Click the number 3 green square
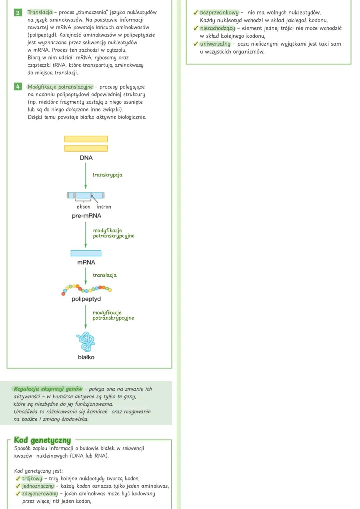[x=18, y=13]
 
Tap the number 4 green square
[x=18, y=87]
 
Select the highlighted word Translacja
[x=40, y=12]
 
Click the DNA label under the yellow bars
[x=86, y=158]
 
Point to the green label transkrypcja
[x=107, y=175]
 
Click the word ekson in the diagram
[x=83, y=207]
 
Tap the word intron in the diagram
[x=104, y=207]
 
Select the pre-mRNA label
[x=86, y=216]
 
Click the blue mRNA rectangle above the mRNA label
[x=86, y=253]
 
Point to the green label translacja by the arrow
[x=105, y=275]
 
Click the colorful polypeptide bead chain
[x=87, y=289]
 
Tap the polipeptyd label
[x=86, y=299]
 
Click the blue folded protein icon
[x=86, y=341]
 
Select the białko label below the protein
[x=86, y=357]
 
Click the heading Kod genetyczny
[x=42, y=440]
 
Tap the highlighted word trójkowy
[x=32, y=478]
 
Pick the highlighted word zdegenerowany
[x=40, y=493]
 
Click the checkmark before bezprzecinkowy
[x=196, y=13]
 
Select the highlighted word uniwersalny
[x=215, y=44]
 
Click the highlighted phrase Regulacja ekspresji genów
[x=48, y=389]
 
